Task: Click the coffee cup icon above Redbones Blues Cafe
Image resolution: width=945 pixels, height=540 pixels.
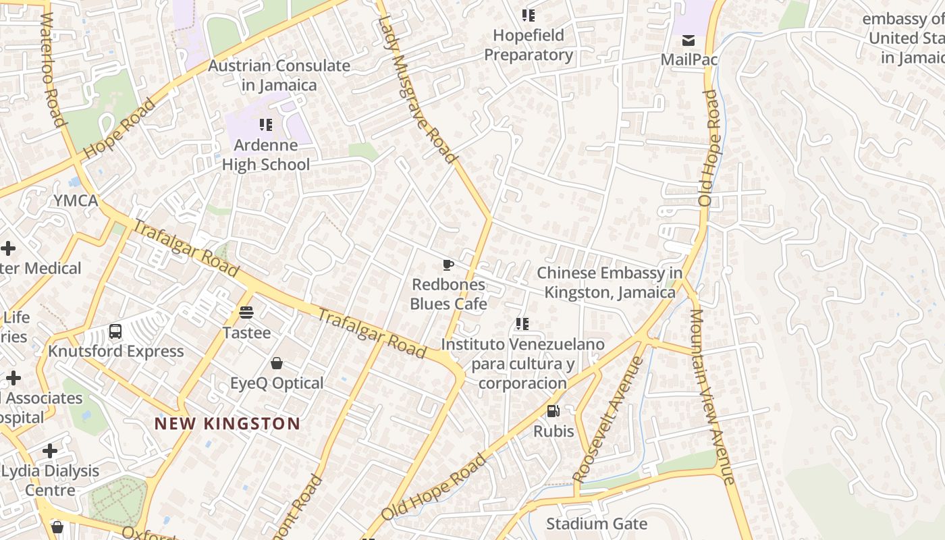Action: tap(448, 265)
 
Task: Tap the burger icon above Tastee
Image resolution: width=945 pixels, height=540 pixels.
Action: tap(246, 313)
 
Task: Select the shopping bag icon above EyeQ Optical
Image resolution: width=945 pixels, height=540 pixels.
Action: tap(276, 363)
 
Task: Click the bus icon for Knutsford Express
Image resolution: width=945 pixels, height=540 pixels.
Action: tap(115, 331)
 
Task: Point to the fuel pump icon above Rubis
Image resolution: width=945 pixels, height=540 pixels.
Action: tap(553, 411)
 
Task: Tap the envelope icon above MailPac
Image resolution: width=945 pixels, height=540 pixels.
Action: tap(688, 40)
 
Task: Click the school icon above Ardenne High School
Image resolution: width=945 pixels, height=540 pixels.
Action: tap(266, 125)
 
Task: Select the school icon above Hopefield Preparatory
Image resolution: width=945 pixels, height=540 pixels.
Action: tap(528, 15)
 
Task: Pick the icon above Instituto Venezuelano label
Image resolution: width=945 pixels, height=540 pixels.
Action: tap(522, 324)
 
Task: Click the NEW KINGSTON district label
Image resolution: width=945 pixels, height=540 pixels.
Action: tap(227, 424)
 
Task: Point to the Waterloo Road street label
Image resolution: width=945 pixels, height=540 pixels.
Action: tap(52, 70)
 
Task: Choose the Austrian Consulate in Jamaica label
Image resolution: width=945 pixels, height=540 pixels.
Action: tap(279, 76)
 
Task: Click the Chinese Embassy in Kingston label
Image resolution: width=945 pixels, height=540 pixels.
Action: tap(609, 283)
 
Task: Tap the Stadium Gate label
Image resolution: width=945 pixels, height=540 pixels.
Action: tap(596, 524)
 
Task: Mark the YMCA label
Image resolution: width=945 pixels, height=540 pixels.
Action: tap(76, 200)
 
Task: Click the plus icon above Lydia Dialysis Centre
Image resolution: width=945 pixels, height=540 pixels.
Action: tap(50, 450)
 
